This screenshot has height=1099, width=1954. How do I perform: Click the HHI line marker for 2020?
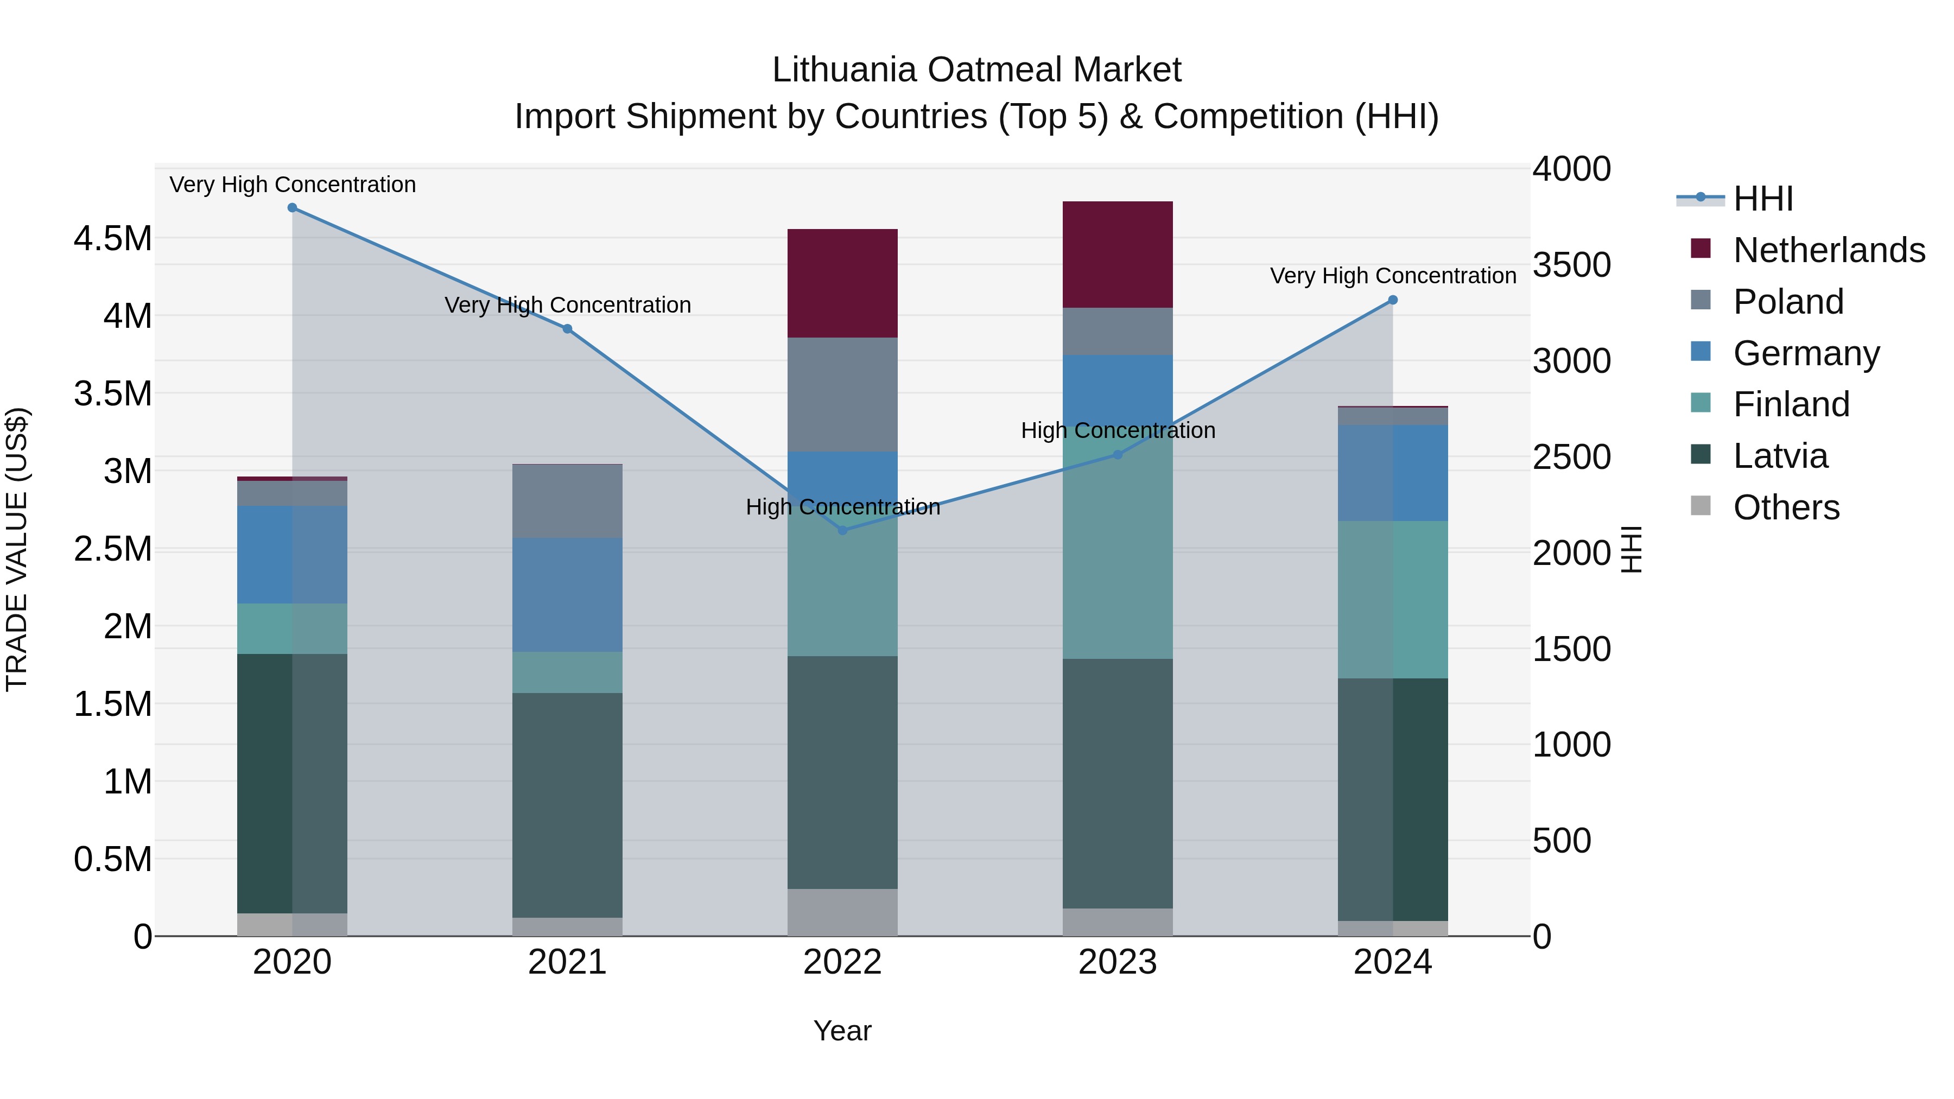point(292,208)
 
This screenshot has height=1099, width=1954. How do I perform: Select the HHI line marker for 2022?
point(842,530)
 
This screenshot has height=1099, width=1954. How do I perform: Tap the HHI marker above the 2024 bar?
point(1393,300)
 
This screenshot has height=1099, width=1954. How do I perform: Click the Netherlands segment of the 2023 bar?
point(1118,254)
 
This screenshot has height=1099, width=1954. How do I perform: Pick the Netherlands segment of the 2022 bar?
point(842,283)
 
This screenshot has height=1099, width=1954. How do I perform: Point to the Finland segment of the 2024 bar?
point(1393,599)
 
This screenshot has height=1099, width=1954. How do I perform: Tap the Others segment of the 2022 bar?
point(842,912)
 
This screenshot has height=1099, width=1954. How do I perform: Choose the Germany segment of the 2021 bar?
point(567,595)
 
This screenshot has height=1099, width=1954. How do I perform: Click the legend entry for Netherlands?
point(1829,250)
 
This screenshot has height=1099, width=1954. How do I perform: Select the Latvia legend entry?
point(1780,456)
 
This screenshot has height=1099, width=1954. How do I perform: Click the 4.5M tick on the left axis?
point(113,239)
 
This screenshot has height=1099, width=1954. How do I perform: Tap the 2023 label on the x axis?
point(1118,962)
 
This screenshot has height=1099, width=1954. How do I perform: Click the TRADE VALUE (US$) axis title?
point(17,549)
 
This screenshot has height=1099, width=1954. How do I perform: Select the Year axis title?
point(842,1031)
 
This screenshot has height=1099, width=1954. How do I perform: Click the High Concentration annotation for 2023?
point(1118,431)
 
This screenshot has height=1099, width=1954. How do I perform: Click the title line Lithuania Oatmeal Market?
point(976,70)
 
